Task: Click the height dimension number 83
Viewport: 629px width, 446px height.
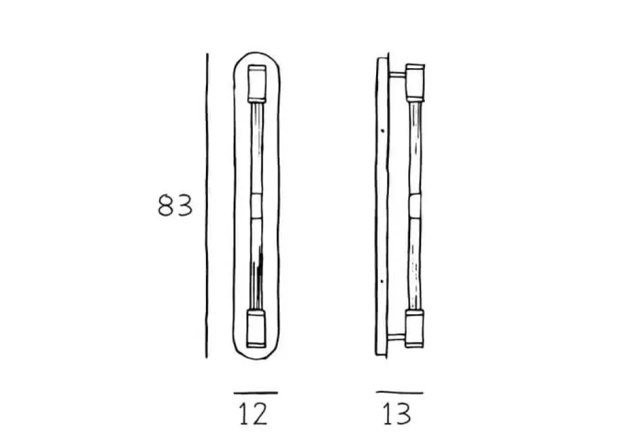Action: pos(175,206)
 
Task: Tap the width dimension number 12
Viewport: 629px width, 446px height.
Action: pos(253,414)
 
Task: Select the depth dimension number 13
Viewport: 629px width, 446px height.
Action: pos(397,414)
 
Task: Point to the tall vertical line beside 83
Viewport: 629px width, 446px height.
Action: pos(207,205)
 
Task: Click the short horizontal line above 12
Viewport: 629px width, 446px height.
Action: pos(255,393)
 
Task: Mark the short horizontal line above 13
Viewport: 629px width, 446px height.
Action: pos(399,393)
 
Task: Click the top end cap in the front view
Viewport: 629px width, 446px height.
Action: pos(257,83)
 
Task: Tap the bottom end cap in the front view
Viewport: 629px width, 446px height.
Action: pos(256,328)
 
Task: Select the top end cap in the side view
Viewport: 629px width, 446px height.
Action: pos(415,82)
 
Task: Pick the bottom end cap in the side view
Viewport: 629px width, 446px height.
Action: pos(415,328)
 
